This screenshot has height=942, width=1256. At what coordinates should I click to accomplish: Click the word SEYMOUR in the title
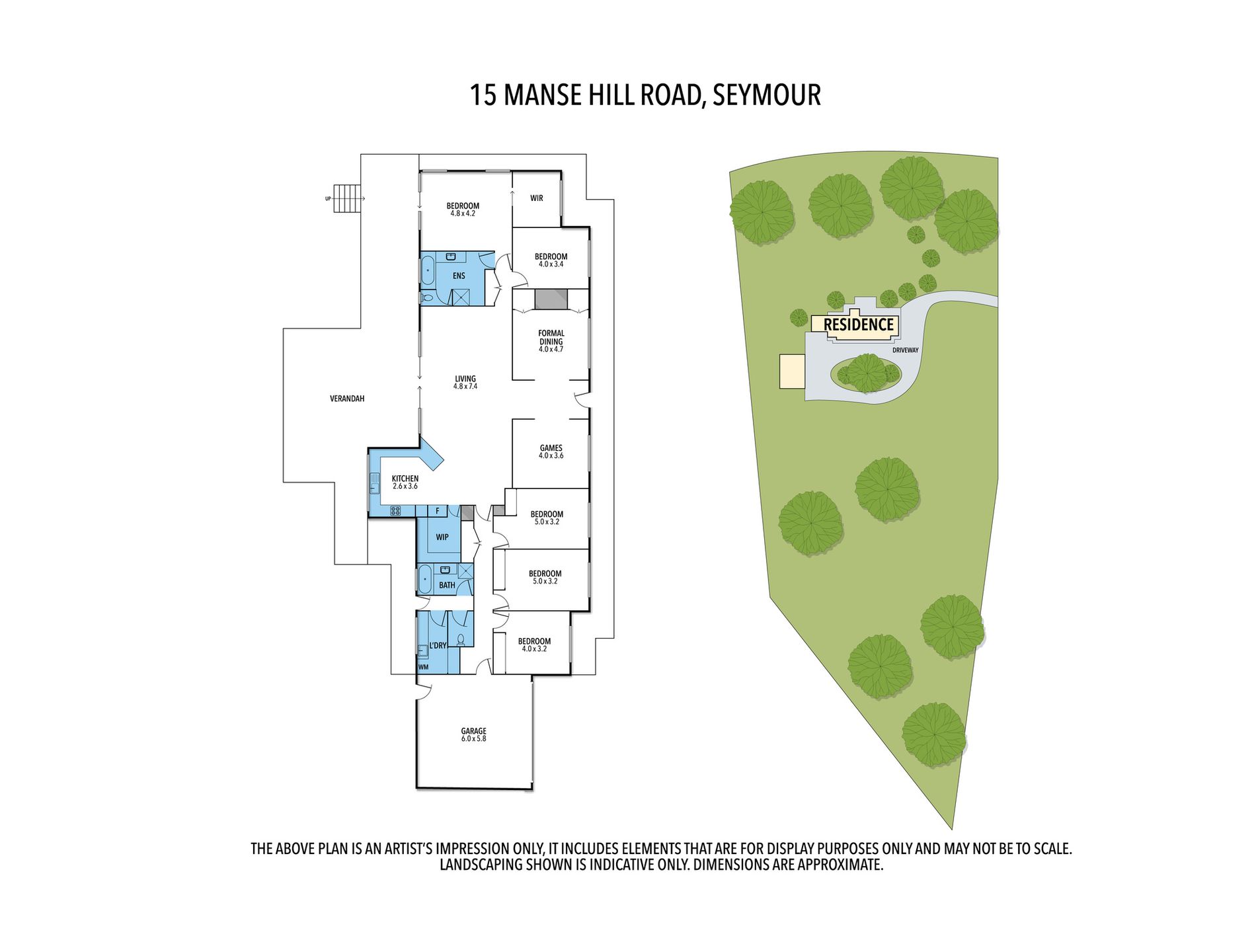click(x=767, y=95)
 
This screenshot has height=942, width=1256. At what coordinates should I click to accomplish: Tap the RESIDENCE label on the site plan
click(x=858, y=325)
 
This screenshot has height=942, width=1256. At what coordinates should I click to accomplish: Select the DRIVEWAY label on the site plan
click(x=905, y=350)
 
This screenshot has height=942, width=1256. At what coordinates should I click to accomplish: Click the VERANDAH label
click(x=347, y=399)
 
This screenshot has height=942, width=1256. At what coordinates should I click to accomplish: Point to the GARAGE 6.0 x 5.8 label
click(x=473, y=734)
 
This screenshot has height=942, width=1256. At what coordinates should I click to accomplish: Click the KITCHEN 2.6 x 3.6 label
click(x=405, y=482)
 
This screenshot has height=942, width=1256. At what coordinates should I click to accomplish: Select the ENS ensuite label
click(x=459, y=276)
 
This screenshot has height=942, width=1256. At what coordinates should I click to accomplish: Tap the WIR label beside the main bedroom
click(x=536, y=198)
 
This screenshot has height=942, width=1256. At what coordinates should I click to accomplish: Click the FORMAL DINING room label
click(x=551, y=341)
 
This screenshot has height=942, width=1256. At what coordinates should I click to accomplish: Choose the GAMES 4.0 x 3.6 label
click(x=551, y=451)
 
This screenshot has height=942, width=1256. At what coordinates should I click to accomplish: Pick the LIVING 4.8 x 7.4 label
click(x=465, y=382)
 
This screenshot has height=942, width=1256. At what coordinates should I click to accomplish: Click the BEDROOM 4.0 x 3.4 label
click(x=551, y=260)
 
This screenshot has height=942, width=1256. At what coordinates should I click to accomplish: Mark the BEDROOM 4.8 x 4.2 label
click(x=463, y=209)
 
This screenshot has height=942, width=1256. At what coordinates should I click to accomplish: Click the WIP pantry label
click(x=442, y=537)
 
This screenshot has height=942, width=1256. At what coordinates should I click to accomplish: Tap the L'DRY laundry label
click(x=438, y=645)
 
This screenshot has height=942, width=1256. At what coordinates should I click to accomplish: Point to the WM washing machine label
click(x=423, y=667)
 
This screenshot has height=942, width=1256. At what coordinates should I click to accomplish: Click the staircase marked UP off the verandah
click(x=348, y=198)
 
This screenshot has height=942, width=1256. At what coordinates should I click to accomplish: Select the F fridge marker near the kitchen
click(x=437, y=511)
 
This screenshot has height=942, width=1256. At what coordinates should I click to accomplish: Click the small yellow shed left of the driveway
click(x=792, y=371)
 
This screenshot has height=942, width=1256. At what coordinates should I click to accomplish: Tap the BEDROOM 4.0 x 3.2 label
click(x=534, y=645)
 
